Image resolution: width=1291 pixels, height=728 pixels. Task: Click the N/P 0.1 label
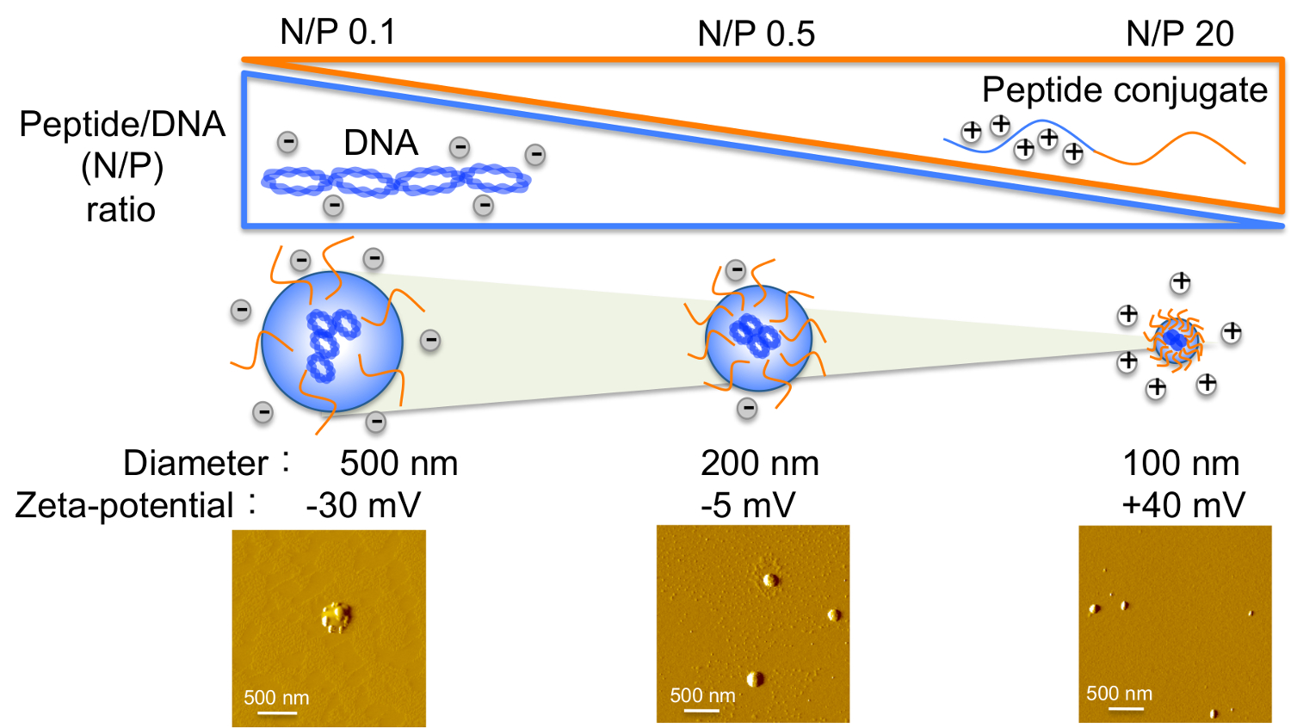(x=337, y=33)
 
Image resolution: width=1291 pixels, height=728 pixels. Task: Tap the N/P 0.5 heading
(x=756, y=34)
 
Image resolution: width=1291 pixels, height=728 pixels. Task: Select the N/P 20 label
(x=1179, y=34)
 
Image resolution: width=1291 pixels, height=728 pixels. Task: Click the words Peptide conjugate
(x=1124, y=90)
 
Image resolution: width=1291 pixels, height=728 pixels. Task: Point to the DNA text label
(x=380, y=143)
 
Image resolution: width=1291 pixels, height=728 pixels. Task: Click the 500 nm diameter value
(x=398, y=463)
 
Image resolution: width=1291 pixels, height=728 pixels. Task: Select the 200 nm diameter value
(x=759, y=463)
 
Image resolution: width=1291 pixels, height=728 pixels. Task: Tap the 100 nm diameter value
(x=1181, y=463)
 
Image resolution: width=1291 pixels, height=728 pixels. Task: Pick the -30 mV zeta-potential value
(x=363, y=505)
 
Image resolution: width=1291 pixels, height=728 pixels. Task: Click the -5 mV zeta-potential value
(x=747, y=505)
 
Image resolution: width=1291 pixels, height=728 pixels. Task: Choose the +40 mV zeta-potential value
(x=1183, y=505)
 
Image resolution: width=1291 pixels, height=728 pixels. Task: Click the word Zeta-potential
(x=124, y=505)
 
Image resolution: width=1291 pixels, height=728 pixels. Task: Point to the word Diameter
(x=195, y=463)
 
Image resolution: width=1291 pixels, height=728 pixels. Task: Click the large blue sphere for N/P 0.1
(x=332, y=341)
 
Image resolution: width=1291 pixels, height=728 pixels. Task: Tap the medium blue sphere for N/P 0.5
(x=758, y=337)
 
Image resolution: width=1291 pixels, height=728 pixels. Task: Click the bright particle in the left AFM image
(x=334, y=616)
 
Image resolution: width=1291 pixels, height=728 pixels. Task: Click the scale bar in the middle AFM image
(x=702, y=711)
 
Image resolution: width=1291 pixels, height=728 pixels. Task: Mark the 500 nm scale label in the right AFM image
(x=1119, y=694)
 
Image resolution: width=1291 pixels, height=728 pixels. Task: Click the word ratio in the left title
(x=120, y=209)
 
